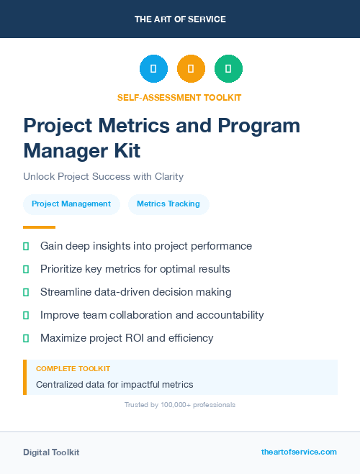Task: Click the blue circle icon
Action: [153, 69]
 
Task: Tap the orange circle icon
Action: [191, 69]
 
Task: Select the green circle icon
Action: [228, 69]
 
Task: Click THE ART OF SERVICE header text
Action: [180, 19]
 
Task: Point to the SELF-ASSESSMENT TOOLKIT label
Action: [179, 97]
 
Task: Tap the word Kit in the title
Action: [125, 151]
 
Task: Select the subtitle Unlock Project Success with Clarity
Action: [103, 176]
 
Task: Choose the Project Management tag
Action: [71, 204]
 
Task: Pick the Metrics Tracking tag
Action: [168, 204]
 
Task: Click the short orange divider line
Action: [39, 227]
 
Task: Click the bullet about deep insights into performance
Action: [146, 246]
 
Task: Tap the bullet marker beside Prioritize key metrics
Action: [26, 269]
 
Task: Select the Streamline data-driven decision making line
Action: [136, 292]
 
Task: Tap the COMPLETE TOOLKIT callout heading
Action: [73, 368]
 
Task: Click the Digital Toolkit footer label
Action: [51, 452]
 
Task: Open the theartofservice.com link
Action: [299, 452]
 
